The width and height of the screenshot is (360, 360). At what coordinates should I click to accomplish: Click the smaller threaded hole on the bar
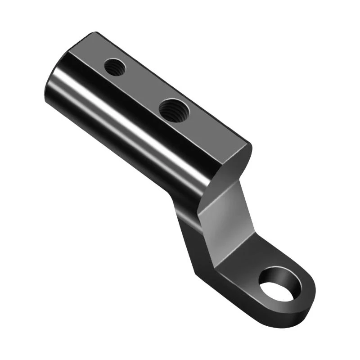pos(115,67)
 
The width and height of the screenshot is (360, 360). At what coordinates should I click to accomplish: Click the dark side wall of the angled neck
pos(189,234)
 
